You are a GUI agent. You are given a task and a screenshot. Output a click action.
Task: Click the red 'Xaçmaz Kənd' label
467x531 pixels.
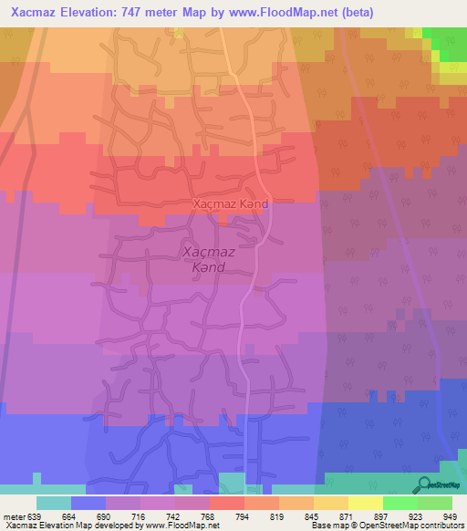[231, 204]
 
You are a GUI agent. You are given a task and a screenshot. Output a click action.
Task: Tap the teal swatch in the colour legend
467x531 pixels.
[53, 503]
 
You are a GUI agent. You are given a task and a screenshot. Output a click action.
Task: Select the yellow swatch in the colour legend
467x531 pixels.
[365, 503]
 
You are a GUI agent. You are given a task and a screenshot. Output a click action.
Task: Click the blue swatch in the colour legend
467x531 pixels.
[88, 503]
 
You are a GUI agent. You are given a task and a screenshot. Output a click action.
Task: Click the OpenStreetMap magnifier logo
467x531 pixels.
[425, 484]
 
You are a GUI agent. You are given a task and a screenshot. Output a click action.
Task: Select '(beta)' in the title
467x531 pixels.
[356, 12]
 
